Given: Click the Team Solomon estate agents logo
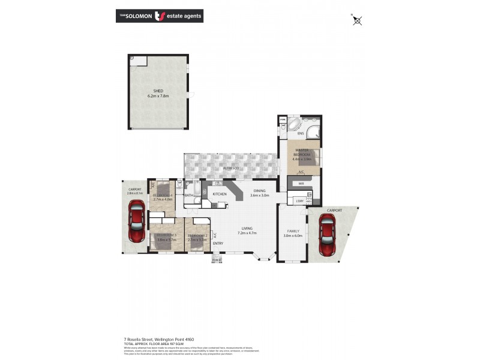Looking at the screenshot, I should [x=159, y=16].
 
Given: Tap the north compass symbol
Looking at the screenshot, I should [x=358, y=21].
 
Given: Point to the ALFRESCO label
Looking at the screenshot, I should [x=232, y=169].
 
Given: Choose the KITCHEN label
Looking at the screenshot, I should [x=219, y=194].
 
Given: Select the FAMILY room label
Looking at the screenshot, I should [x=293, y=231].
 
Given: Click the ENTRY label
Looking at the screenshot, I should [x=218, y=243].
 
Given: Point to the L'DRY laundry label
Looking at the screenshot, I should [x=298, y=200].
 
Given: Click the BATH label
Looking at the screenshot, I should [x=189, y=195].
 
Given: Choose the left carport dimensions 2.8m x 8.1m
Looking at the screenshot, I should [x=135, y=193].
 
